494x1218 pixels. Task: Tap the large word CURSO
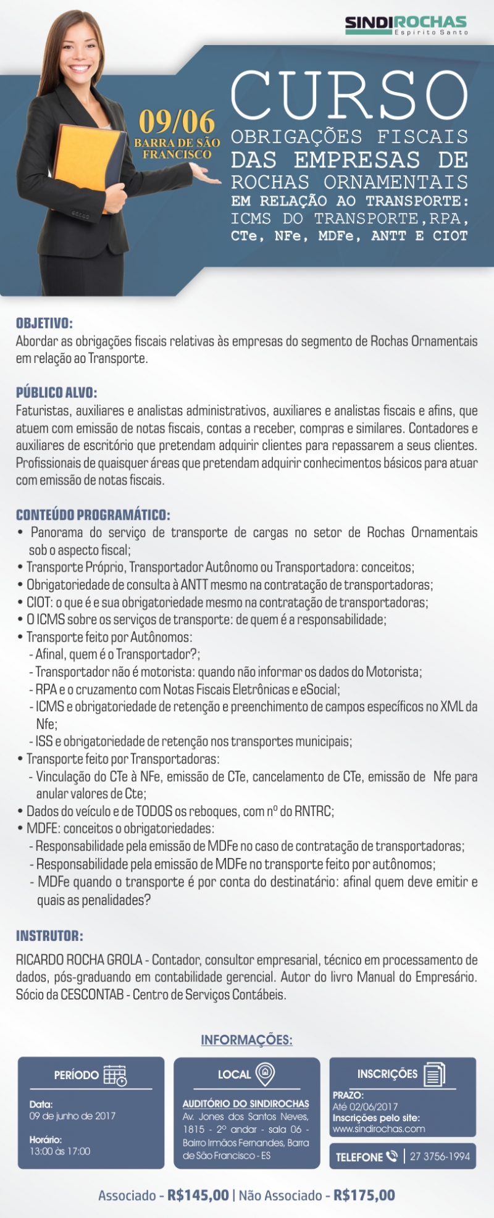pyautogui.click(x=349, y=97)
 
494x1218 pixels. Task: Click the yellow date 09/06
pyautogui.click(x=177, y=122)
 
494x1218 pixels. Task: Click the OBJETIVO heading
pyautogui.click(x=44, y=323)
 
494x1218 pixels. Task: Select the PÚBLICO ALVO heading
pyautogui.click(x=57, y=393)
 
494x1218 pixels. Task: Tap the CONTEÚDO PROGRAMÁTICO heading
pyautogui.click(x=93, y=515)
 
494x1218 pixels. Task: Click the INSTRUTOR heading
pyautogui.click(x=49, y=936)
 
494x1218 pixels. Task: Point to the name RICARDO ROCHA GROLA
pyautogui.click(x=79, y=960)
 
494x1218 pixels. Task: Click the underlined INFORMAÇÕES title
pyautogui.click(x=246, y=1040)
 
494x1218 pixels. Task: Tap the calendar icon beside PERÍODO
pyautogui.click(x=115, y=1075)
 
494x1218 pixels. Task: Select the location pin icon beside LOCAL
pyautogui.click(x=265, y=1074)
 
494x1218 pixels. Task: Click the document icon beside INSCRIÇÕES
pyautogui.click(x=434, y=1074)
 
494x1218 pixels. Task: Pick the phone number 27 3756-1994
pyautogui.click(x=440, y=1156)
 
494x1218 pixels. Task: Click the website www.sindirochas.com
pyautogui.click(x=379, y=1128)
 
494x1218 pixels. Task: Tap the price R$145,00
pyautogui.click(x=198, y=1195)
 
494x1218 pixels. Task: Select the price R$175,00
pyautogui.click(x=364, y=1195)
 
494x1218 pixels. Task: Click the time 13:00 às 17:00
pyautogui.click(x=60, y=1151)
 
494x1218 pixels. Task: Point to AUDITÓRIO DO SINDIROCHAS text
pyautogui.click(x=246, y=1103)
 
